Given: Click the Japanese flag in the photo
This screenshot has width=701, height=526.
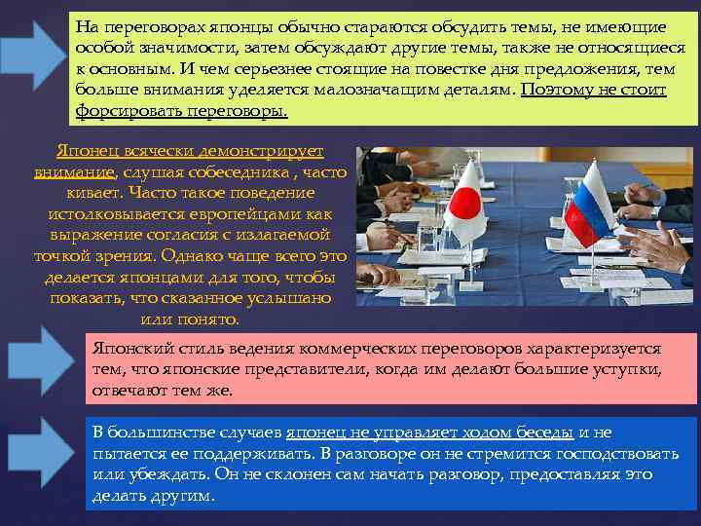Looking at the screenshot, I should (466, 204).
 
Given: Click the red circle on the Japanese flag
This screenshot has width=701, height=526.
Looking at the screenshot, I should (468, 203).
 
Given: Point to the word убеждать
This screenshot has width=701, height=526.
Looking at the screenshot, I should (158, 474).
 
